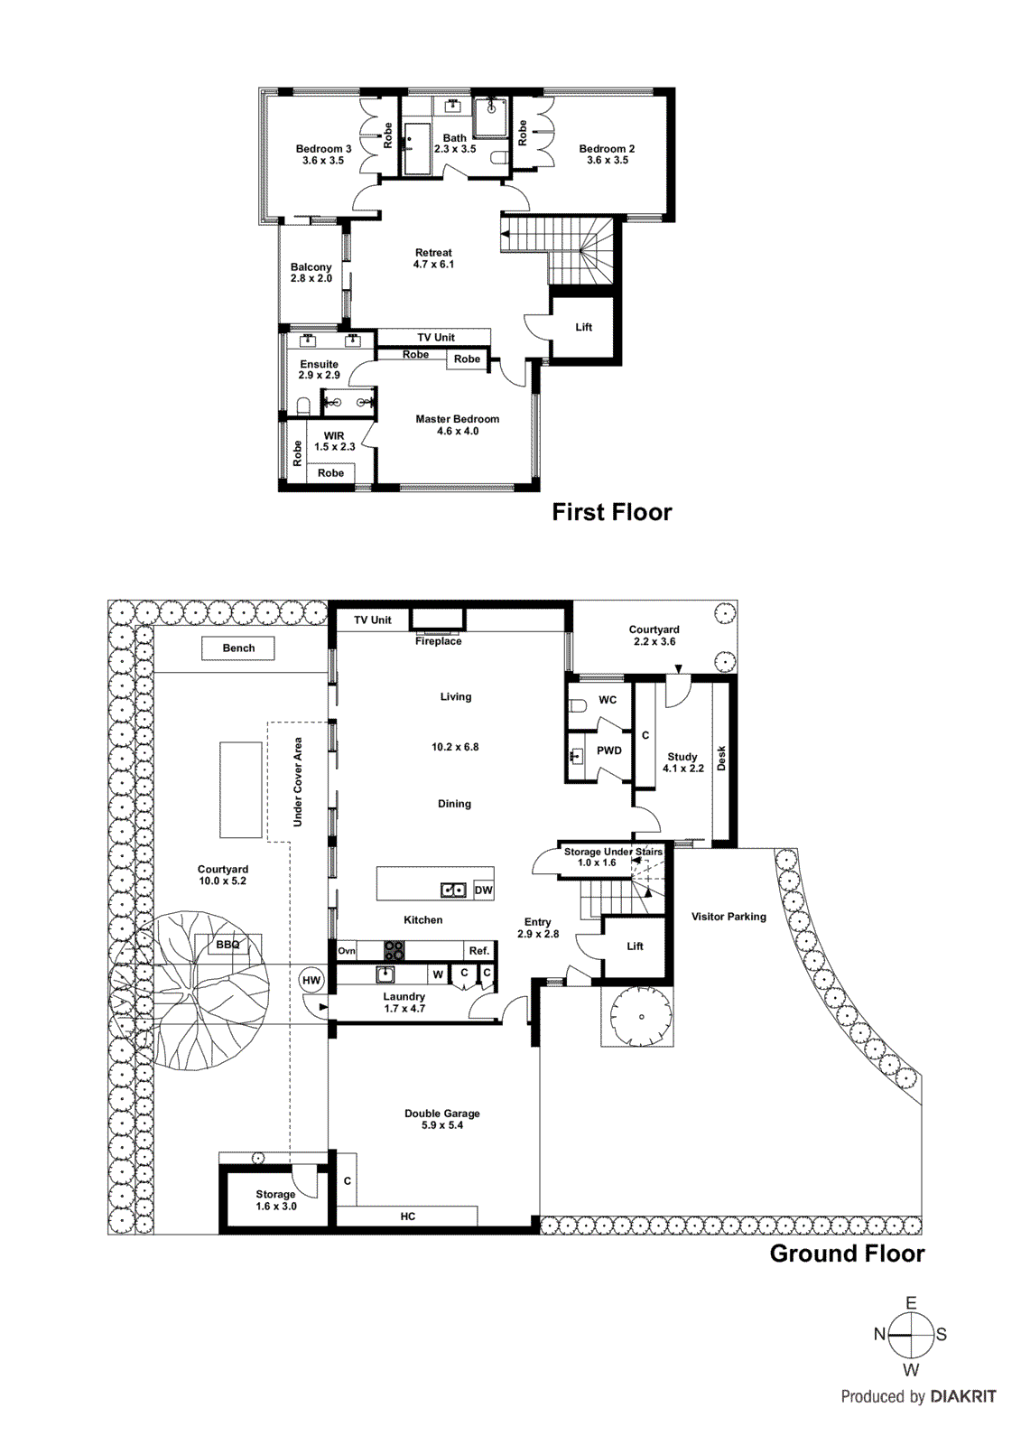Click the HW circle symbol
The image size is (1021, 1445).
[311, 981]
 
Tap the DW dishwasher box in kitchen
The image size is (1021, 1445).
[484, 890]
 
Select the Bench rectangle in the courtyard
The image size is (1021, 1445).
[238, 648]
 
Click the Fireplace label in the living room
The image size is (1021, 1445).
[438, 641]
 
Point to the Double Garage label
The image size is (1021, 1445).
[442, 1119]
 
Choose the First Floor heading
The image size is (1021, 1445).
[612, 512]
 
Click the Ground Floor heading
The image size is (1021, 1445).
[847, 1254]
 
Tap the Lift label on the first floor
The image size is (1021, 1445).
[584, 327]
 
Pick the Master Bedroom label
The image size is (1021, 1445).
[458, 424]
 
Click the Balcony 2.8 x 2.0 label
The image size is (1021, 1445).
[311, 273]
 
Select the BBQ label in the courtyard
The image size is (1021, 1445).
[227, 945]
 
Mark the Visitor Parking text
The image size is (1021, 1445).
[729, 917]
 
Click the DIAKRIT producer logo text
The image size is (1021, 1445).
[963, 1396]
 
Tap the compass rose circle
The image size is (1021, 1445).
[911, 1335]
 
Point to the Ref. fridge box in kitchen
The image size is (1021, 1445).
[479, 950]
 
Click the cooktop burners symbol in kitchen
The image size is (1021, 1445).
[394, 950]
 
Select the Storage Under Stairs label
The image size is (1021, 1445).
[613, 852]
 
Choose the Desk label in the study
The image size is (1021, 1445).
[721, 758]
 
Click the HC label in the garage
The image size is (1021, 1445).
[408, 1217]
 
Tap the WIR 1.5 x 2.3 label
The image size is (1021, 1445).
[334, 441]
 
